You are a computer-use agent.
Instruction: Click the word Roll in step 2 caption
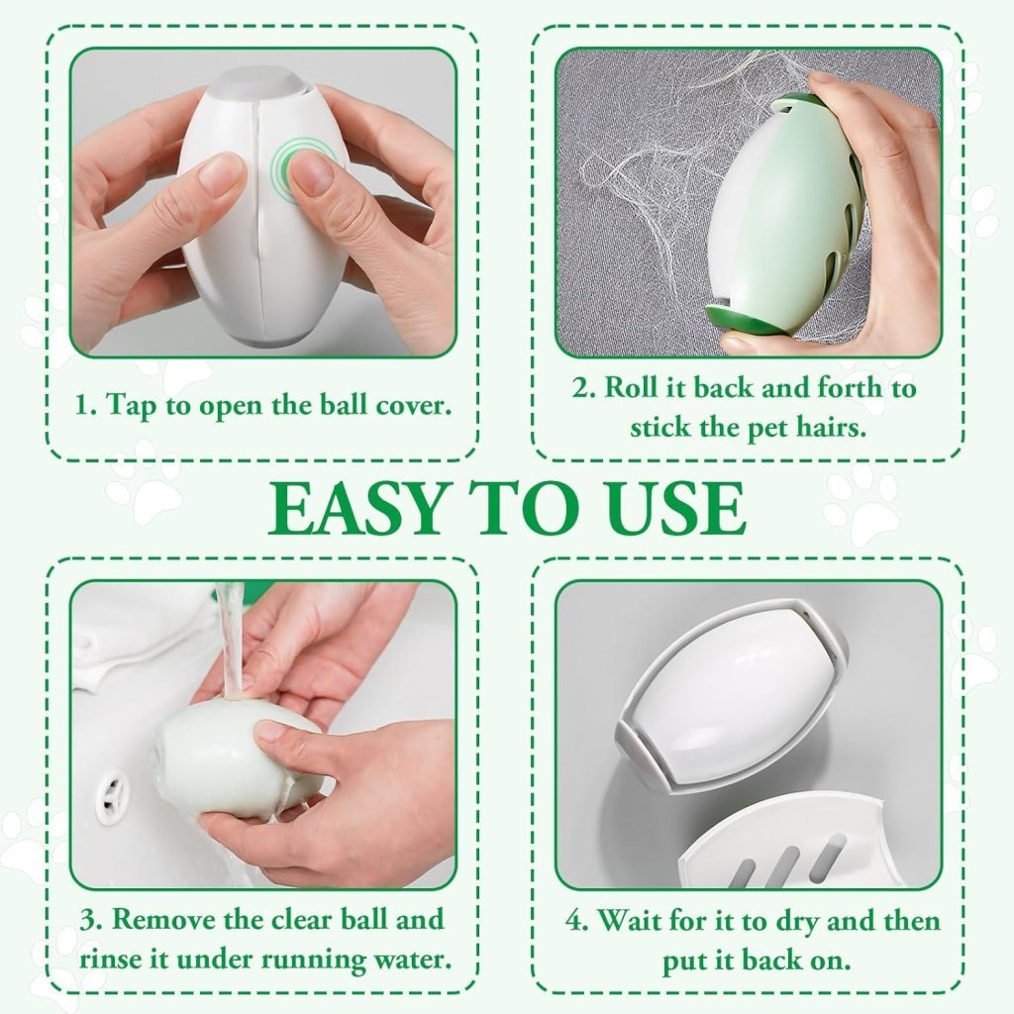coord(630,387)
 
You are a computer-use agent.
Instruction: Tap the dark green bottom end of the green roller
coord(739,319)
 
